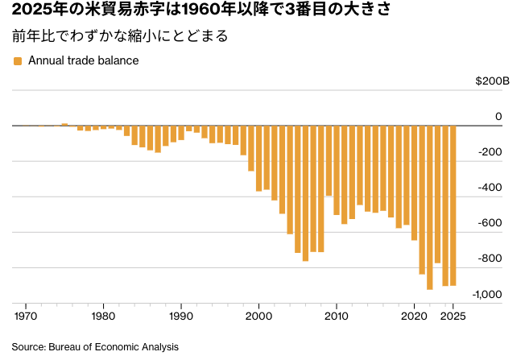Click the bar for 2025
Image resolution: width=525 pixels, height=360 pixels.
click(453, 205)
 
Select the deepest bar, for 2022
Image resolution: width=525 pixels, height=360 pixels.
click(430, 207)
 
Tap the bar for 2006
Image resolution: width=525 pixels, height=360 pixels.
click(305, 193)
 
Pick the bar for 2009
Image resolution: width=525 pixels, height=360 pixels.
click(329, 160)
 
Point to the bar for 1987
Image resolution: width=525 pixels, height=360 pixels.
click(158, 139)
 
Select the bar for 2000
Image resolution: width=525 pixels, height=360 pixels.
click(258, 158)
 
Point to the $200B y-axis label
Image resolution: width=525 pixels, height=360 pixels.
click(493, 81)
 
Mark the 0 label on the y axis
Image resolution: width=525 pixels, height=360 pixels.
click(498, 117)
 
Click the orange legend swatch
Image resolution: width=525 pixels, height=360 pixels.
click(18, 61)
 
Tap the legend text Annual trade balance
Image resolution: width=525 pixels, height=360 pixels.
click(84, 60)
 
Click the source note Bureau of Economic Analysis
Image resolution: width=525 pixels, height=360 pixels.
click(94, 346)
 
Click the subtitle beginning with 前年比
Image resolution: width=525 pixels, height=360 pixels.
click(120, 36)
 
